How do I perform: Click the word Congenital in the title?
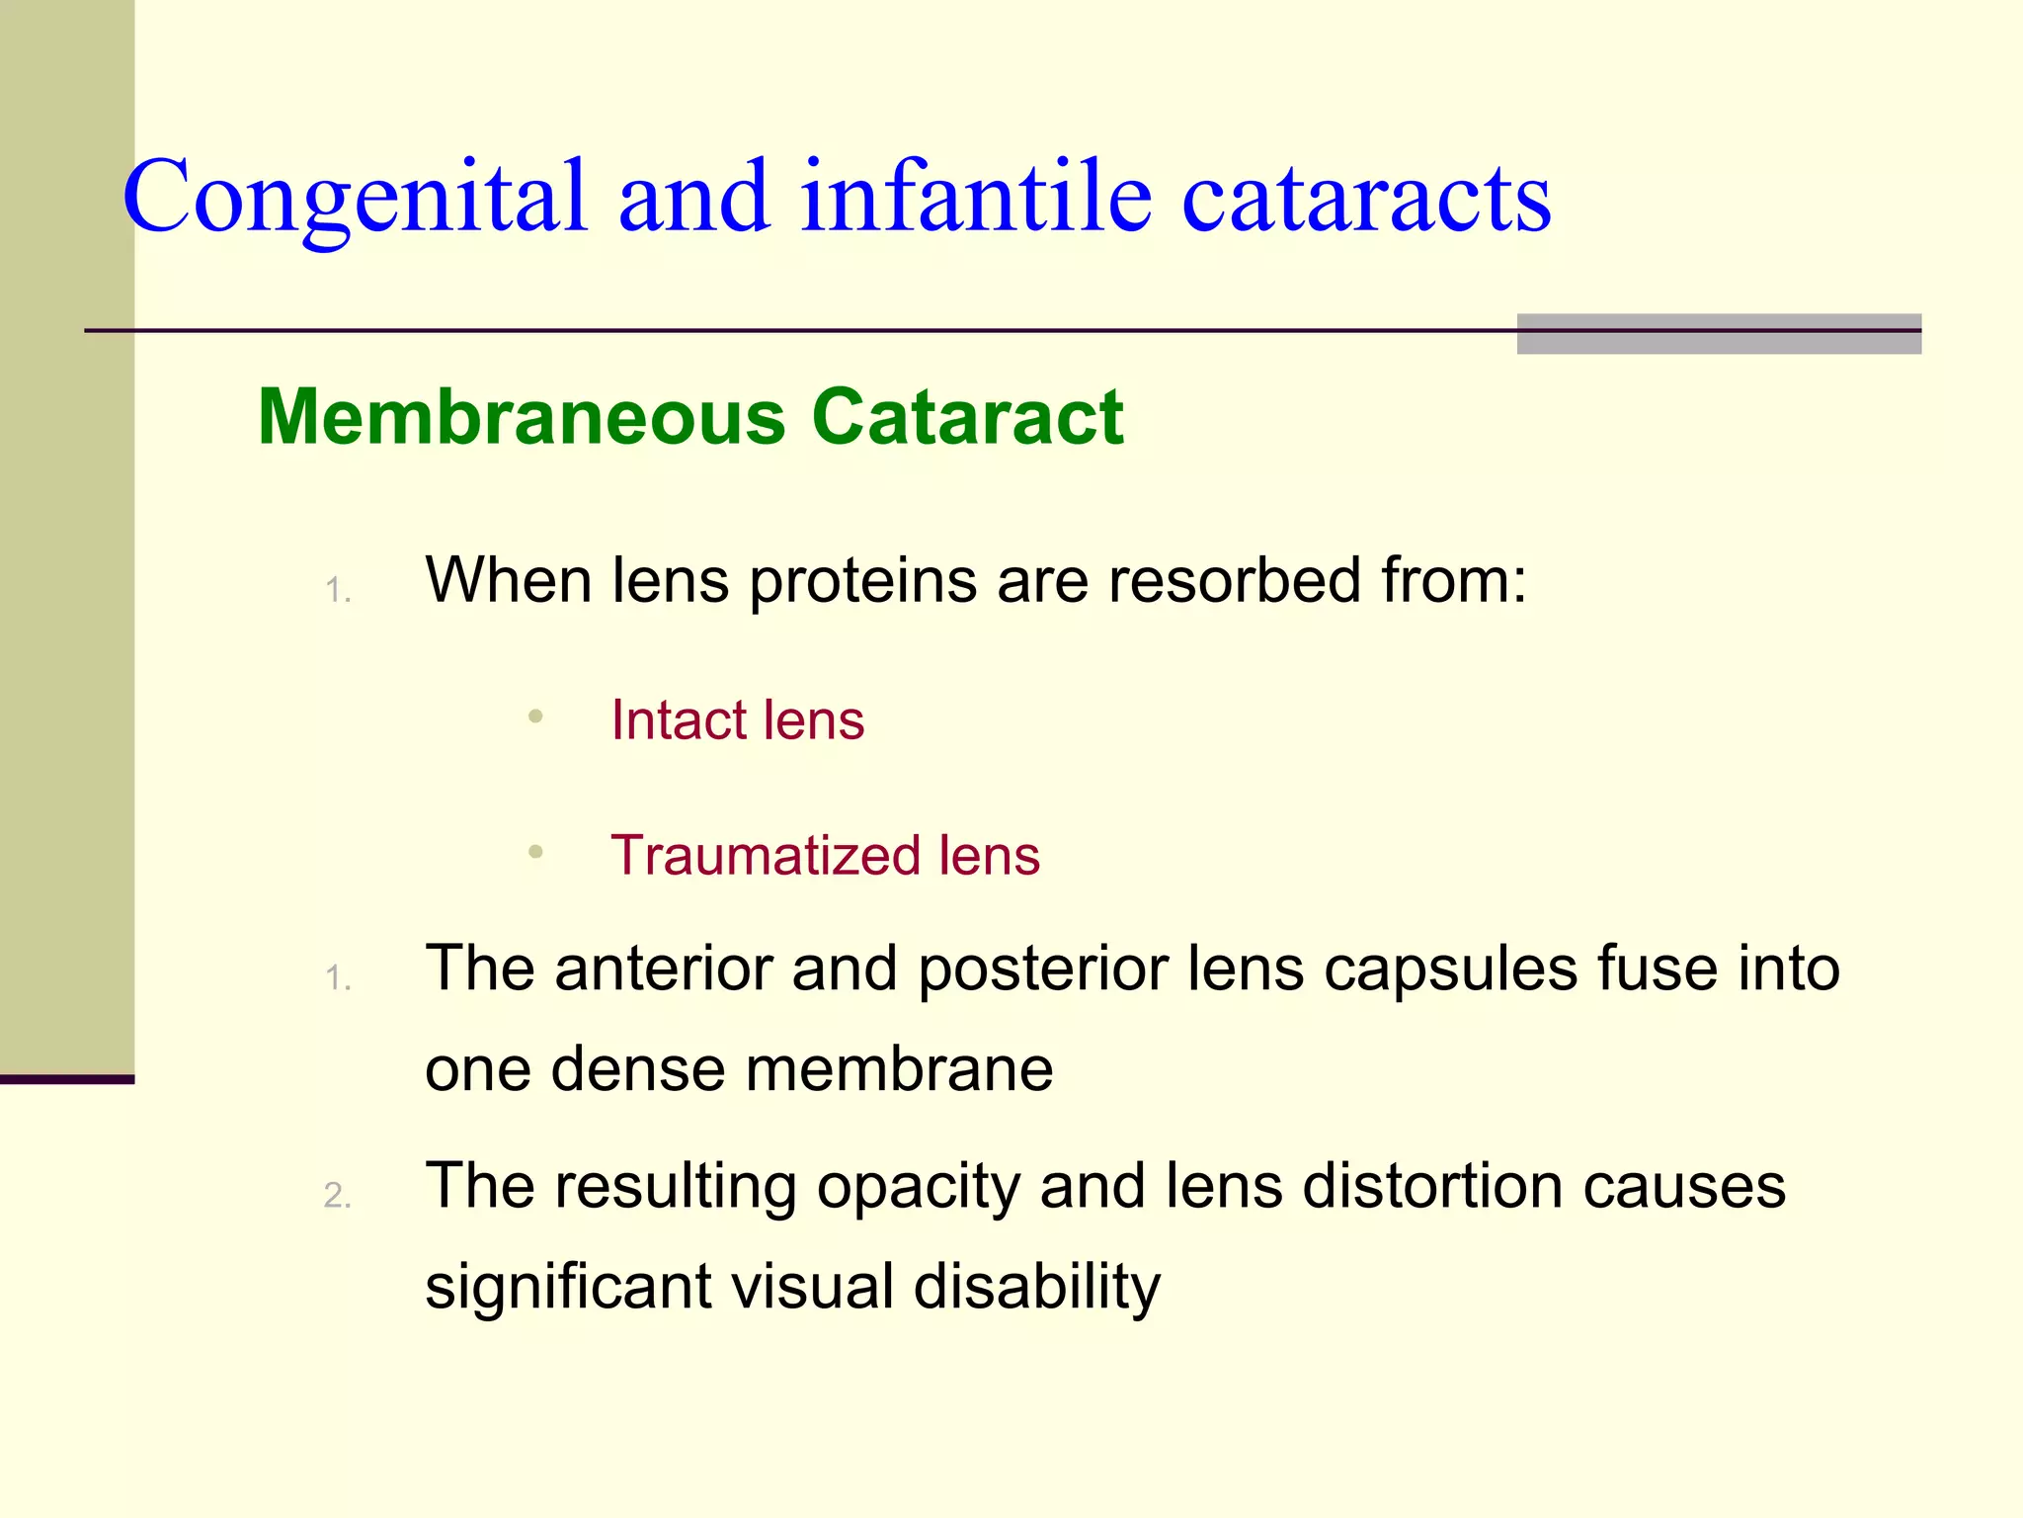356,198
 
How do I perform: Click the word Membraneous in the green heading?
522,417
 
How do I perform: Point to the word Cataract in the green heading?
967,417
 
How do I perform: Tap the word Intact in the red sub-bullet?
679,719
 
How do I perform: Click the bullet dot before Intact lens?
535,717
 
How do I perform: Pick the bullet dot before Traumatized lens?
535,852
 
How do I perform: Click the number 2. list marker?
338,1196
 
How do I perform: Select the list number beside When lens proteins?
338,591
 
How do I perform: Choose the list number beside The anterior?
338,978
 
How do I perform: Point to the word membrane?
899,1069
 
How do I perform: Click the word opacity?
918,1188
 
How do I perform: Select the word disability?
1037,1287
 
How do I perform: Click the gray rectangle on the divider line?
1719,334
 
